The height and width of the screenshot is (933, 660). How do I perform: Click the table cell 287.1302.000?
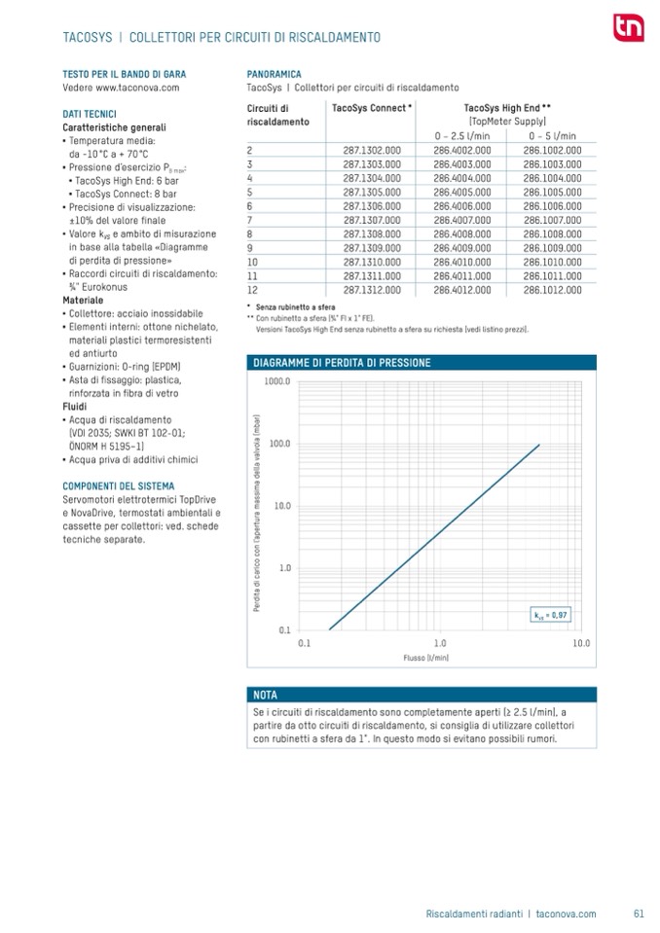tap(372, 151)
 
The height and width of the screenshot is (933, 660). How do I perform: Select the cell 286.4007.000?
tap(460, 220)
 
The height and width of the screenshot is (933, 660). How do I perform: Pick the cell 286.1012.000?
tap(552, 290)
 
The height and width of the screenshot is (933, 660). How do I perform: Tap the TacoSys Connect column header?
tap(372, 108)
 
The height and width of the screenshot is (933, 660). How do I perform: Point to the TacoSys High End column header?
tap(507, 108)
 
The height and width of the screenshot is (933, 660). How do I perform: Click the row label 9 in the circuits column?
tap(251, 248)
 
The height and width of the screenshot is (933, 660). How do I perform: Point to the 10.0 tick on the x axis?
tap(581, 643)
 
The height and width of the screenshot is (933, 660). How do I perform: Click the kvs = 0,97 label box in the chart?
tap(550, 615)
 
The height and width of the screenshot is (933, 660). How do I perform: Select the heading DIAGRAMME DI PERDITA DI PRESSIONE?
tap(341, 363)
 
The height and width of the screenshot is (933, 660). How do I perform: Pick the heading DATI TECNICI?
tap(90, 115)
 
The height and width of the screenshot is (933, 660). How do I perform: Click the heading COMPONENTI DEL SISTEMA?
tap(119, 486)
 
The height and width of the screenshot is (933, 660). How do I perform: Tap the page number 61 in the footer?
tap(639, 914)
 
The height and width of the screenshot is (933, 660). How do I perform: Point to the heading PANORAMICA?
tap(275, 74)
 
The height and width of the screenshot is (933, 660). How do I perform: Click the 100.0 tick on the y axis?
tap(279, 444)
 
